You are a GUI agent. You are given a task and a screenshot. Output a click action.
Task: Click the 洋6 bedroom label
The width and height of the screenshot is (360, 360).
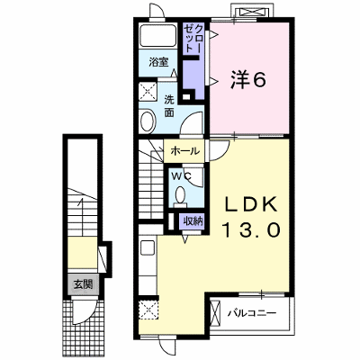(x=247, y=79)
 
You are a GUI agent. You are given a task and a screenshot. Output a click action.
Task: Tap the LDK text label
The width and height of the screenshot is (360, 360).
(x=251, y=205)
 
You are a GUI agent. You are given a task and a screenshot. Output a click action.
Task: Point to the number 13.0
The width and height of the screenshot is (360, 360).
(x=251, y=230)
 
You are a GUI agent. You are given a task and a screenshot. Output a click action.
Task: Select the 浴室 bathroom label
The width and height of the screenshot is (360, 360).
(x=158, y=62)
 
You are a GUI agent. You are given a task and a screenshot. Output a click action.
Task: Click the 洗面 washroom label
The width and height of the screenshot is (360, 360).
(x=169, y=106)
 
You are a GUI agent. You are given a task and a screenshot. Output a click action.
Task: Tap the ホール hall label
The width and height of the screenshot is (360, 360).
(x=184, y=151)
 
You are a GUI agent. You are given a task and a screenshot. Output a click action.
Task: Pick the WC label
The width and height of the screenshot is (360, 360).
(x=181, y=176)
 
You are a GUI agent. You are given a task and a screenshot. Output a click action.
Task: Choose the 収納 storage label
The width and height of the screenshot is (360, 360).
(x=193, y=221)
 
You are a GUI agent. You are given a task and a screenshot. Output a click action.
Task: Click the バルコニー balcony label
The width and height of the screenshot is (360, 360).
(x=251, y=314)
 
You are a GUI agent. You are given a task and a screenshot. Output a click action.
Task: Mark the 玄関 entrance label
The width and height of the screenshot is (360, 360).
(x=83, y=283)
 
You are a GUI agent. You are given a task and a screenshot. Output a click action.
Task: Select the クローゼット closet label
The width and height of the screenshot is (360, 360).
(x=193, y=39)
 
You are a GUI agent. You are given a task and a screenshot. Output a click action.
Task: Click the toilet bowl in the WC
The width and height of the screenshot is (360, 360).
(x=180, y=194)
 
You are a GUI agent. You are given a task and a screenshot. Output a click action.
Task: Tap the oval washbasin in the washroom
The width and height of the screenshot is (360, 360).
(x=148, y=121)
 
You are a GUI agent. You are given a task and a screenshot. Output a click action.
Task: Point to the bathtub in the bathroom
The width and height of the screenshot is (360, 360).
(x=158, y=35)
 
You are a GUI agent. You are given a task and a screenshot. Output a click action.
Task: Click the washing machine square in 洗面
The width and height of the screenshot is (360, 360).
(x=148, y=91)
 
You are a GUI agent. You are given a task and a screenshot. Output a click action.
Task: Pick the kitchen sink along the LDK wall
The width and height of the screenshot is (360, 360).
(x=148, y=247)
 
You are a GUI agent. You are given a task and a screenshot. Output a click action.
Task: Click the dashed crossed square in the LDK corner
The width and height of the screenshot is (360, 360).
(x=148, y=310)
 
